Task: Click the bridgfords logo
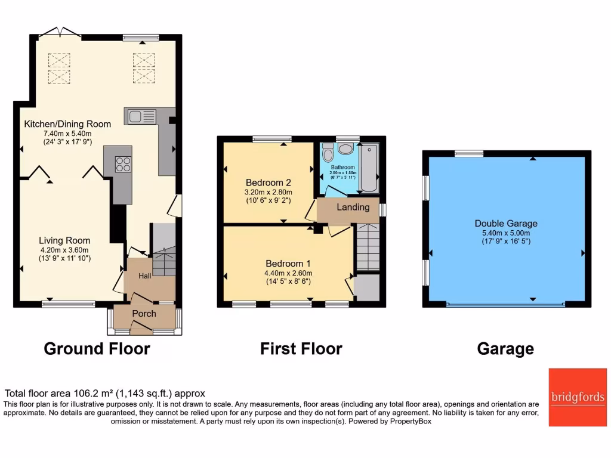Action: (577, 397)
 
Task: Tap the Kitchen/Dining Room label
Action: (67, 124)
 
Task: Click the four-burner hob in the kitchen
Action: (123, 163)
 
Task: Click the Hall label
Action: (145, 276)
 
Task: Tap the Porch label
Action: (144, 314)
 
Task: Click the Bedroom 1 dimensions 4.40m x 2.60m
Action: (289, 273)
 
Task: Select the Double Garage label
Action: (506, 224)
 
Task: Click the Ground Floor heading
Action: (97, 348)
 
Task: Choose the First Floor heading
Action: (301, 348)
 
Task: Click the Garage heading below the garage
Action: (505, 348)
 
